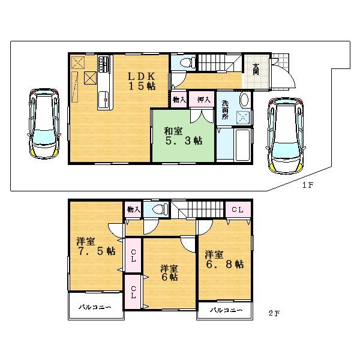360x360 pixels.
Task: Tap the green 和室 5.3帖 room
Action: tap(182, 135)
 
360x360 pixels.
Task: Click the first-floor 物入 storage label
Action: tap(179, 100)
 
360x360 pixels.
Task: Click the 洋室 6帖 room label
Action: tap(168, 272)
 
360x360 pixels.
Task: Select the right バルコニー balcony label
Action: tap(227, 310)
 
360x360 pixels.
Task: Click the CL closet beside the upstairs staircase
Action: tap(237, 209)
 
